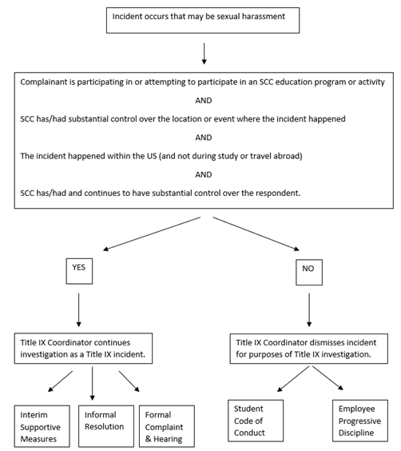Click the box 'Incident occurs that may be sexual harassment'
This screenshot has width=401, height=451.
[x=205, y=17]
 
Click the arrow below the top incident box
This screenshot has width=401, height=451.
[x=205, y=52]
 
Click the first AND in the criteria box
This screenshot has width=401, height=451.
[x=204, y=101]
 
